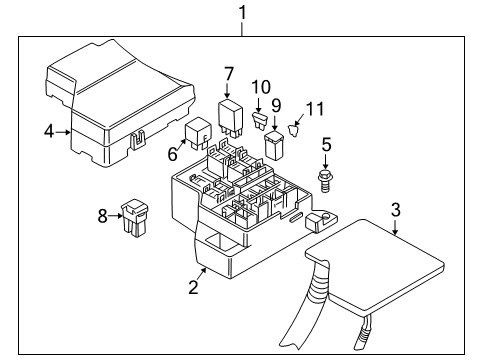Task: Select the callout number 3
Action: [x=396, y=210]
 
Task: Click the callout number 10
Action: [x=260, y=87]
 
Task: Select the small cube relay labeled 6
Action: [x=195, y=133]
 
